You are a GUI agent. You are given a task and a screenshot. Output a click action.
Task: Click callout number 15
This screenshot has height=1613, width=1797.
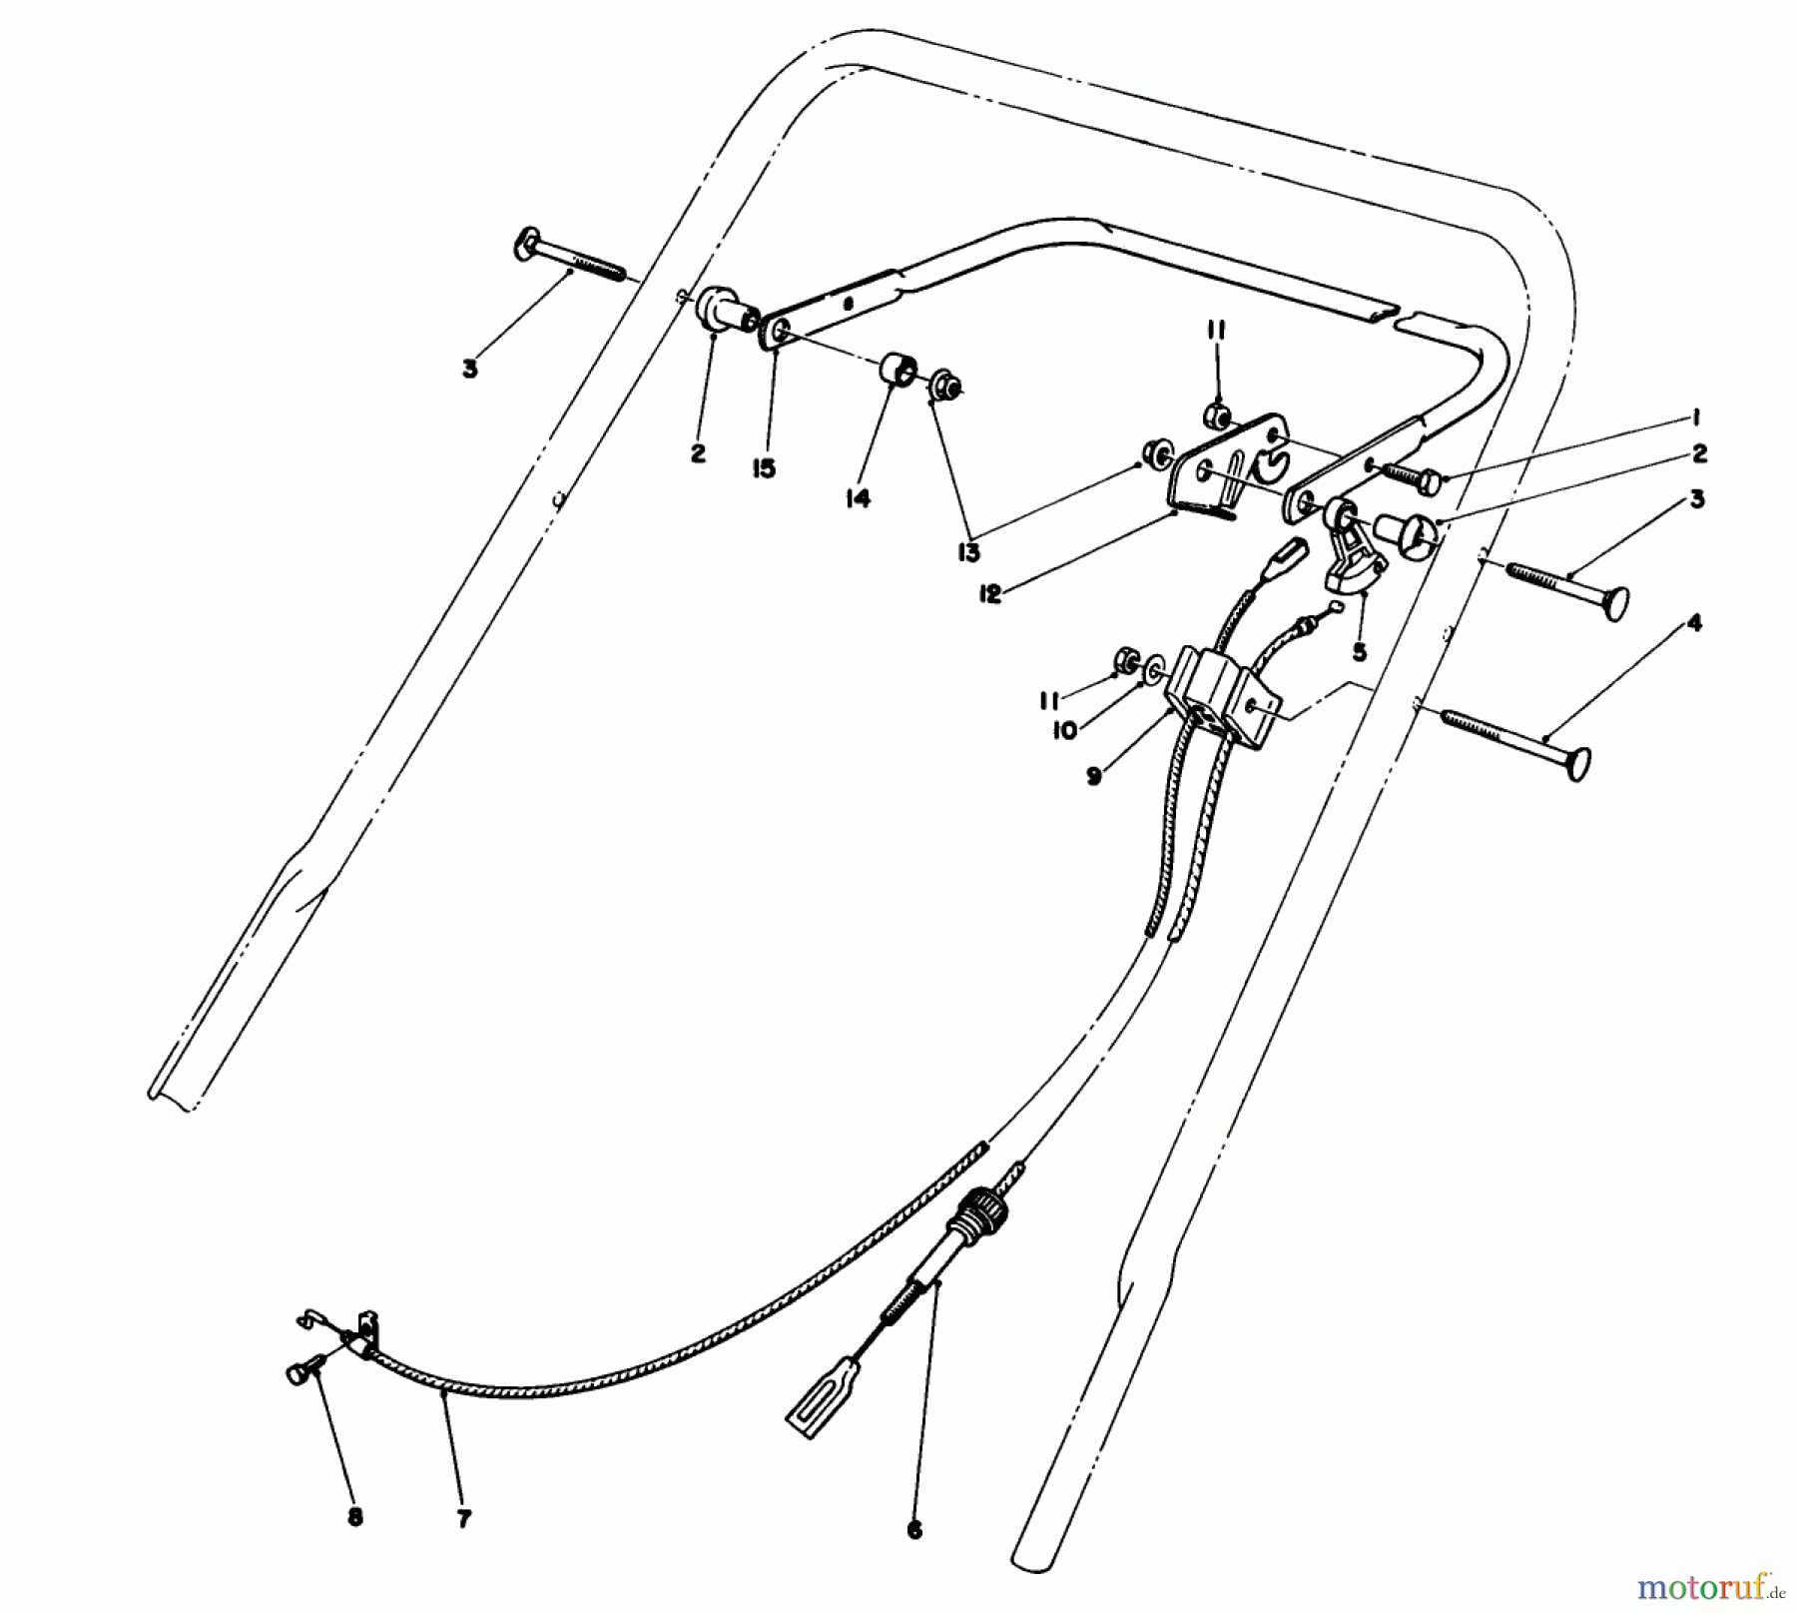pyautogui.click(x=765, y=467)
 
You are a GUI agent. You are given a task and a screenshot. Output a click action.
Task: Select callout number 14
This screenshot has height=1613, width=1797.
pyautogui.click(x=858, y=497)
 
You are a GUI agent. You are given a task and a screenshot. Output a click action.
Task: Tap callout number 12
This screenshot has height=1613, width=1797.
pyautogui.click(x=990, y=596)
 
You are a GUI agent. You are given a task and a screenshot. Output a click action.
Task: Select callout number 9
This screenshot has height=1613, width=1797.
pyautogui.click(x=1095, y=776)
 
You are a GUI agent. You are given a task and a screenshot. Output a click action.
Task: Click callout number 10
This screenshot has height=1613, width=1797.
pyautogui.click(x=1065, y=730)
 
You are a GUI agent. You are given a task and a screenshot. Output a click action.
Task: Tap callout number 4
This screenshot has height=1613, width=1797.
pyautogui.click(x=1694, y=624)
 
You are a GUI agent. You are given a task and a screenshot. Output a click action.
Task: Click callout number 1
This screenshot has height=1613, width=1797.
pyautogui.click(x=1696, y=416)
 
